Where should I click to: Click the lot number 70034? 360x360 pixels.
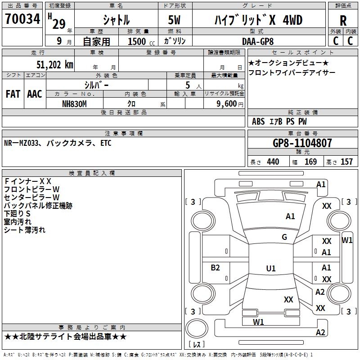tap(22, 19)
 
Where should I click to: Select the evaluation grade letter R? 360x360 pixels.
tap(343, 21)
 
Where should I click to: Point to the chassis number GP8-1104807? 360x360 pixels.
tap(302, 143)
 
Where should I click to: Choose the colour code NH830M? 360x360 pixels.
tap(74, 103)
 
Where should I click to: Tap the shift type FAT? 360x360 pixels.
tap(13, 94)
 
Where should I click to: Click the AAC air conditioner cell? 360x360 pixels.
tap(34, 94)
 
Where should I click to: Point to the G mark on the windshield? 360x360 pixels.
tap(284, 237)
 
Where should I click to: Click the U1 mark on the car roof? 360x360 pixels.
tap(271, 269)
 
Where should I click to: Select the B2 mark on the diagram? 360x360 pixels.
tap(216, 268)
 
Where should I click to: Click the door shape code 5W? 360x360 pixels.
tap(174, 20)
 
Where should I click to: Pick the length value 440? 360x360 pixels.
tap(273, 162)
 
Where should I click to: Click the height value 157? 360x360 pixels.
tap(346, 162)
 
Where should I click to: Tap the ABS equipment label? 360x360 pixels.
tap(258, 121)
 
